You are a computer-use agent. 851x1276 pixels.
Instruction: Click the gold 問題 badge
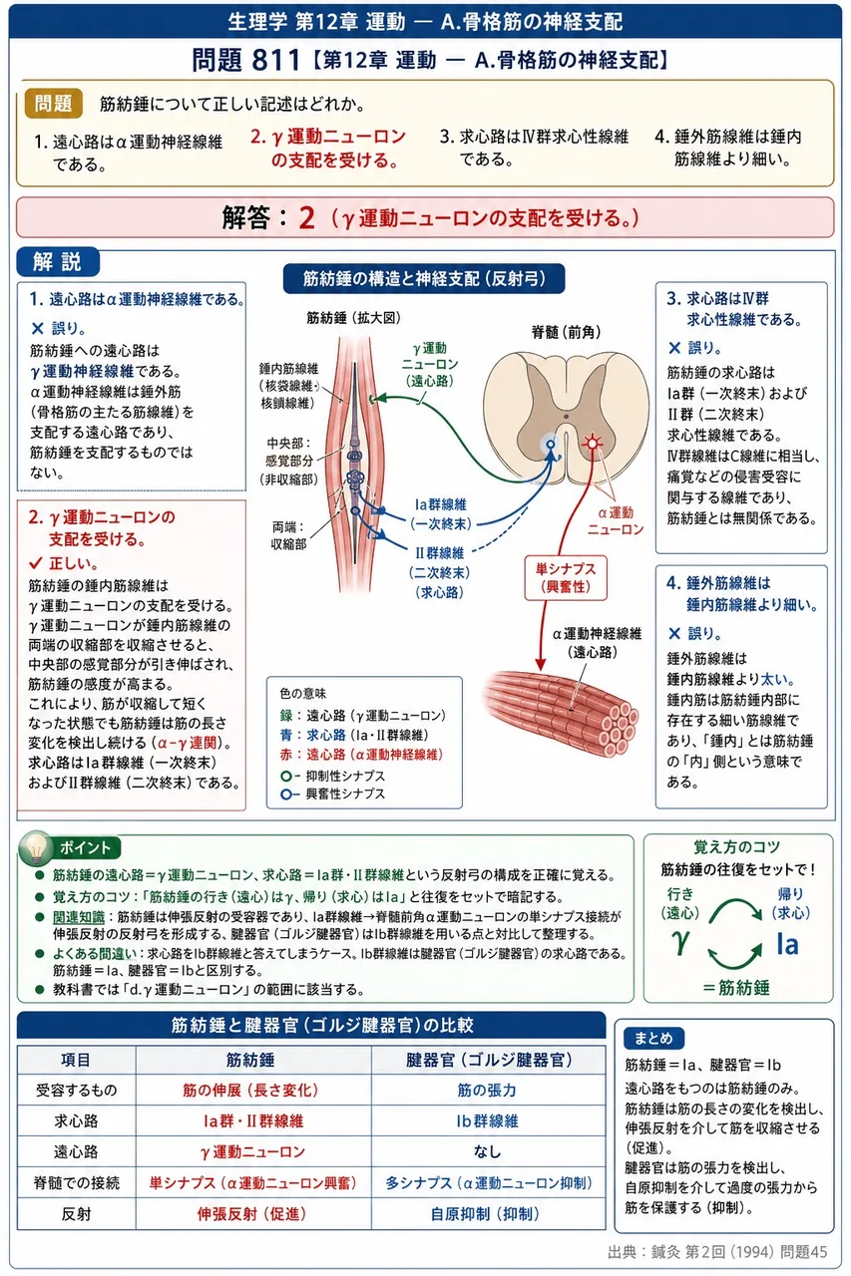click(54, 103)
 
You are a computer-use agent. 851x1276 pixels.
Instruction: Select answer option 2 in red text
click(328, 149)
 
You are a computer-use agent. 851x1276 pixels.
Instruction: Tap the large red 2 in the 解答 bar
click(306, 217)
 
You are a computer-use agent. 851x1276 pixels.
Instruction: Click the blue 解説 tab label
click(58, 261)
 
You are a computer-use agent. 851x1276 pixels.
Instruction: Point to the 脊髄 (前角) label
click(566, 332)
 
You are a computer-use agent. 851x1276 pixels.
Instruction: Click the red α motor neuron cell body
click(593, 442)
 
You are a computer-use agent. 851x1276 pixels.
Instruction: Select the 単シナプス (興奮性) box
click(566, 577)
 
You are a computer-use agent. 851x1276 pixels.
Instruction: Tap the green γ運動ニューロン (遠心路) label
click(430, 365)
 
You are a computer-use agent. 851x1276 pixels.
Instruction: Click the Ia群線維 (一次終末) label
click(441, 513)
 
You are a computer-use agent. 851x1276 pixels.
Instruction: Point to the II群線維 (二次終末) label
click(439, 572)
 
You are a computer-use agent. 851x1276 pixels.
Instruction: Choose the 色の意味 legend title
click(302, 693)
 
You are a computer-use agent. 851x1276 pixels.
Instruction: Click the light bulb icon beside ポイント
click(35, 847)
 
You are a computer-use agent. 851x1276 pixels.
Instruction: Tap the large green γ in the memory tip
click(680, 942)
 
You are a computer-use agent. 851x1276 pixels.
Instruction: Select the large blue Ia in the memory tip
click(787, 944)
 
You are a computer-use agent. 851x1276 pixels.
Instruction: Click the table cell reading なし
click(487, 1151)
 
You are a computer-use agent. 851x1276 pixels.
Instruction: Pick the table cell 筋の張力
click(487, 1090)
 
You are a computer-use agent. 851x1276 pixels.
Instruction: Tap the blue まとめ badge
click(653, 1038)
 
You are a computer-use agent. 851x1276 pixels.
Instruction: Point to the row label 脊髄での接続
click(77, 1183)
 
